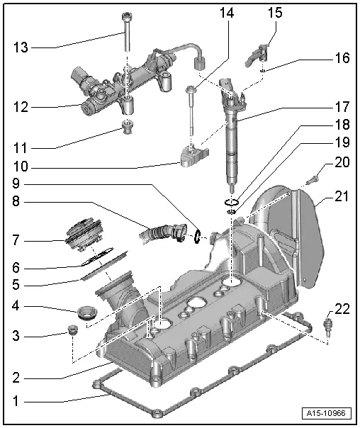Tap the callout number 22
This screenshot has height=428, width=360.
343,308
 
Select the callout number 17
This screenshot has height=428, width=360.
343,108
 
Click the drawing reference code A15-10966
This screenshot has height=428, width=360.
330,412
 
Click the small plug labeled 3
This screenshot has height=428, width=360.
72,330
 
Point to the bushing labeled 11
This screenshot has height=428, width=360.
128,128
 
